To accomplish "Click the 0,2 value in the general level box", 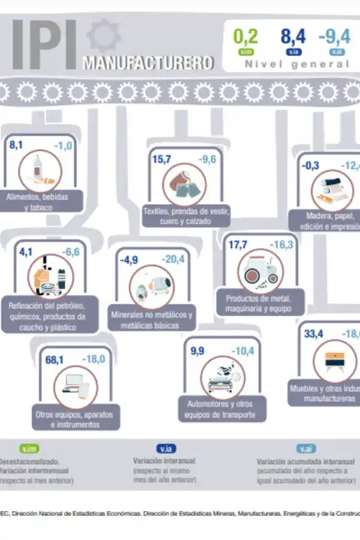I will tap(245, 37).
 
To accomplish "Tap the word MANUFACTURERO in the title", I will tap(148, 62).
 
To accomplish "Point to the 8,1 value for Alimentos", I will tap(16, 145).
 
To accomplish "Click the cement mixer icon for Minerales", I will tap(151, 287).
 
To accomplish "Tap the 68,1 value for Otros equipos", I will tap(55, 360).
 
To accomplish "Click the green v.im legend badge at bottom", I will tap(29, 448).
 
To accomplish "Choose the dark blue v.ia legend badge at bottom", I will tap(166, 448).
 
